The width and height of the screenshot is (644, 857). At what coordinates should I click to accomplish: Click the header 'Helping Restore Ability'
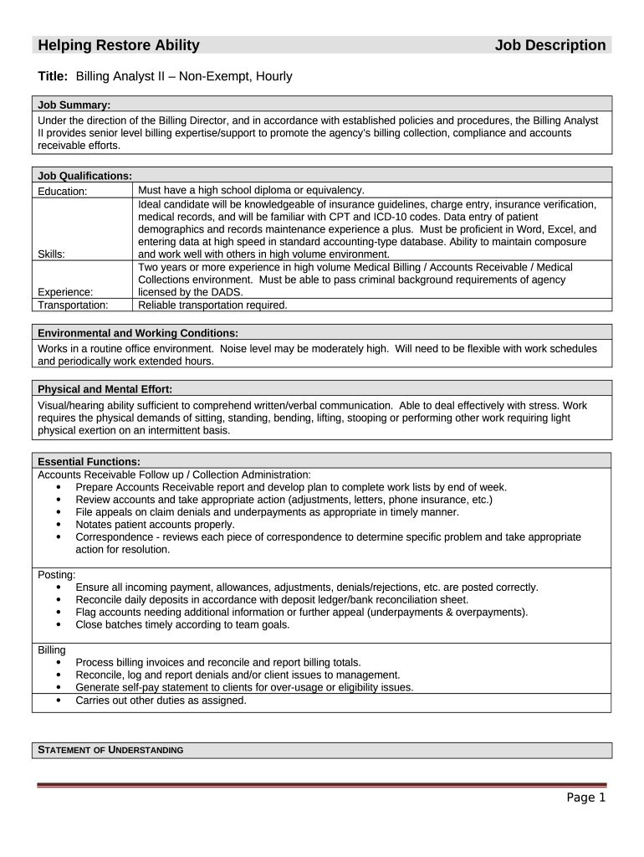pos(118,45)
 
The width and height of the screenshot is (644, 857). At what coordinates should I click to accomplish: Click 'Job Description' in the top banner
pos(549,45)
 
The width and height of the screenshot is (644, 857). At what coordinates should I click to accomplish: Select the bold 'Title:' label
pos(54,76)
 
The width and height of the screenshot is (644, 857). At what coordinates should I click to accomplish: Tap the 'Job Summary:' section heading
pos(74,105)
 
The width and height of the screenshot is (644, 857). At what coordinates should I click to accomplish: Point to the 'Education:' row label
pos(63,191)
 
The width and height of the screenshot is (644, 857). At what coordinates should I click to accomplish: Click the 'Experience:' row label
pos(65,292)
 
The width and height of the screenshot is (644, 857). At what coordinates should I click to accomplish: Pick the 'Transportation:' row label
pos(73,305)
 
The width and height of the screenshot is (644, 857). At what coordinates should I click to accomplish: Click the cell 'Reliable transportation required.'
pos(212,305)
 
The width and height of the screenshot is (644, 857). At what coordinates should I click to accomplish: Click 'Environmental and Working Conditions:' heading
pos(138,333)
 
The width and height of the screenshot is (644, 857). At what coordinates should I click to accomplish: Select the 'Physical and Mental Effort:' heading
pos(105,389)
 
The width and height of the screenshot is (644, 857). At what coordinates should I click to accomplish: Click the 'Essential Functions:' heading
pos(89,461)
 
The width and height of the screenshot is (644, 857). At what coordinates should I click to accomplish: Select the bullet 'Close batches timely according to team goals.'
pos(182,624)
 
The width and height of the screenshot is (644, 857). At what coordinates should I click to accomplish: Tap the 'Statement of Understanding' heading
pos(111,750)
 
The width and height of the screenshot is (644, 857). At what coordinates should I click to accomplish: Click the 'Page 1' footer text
pos(585,798)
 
